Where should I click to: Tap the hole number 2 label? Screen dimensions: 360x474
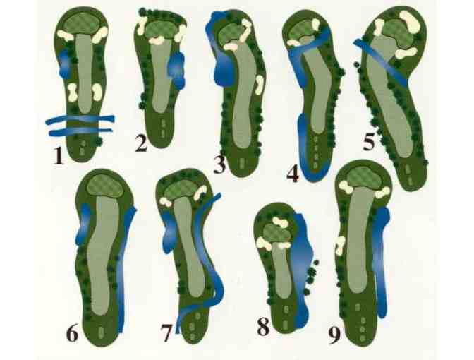pos(142,144)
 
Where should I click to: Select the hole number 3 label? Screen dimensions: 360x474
pos(221,165)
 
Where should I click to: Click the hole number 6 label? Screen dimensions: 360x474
pos(72,332)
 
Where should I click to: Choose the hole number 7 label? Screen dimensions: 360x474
pos(166,332)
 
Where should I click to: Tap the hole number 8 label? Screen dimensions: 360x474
pos(263,327)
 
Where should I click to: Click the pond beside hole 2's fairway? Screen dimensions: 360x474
pos(176,69)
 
